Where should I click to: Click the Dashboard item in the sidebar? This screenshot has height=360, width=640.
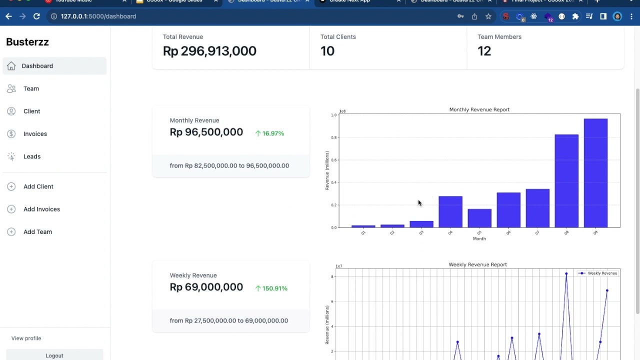pos(37,66)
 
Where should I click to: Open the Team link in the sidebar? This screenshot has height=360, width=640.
pos(31,88)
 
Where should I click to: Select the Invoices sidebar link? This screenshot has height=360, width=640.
pos(35,134)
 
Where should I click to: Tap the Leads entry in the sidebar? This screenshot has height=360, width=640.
pos(32,156)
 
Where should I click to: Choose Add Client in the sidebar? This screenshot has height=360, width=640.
pos(38,186)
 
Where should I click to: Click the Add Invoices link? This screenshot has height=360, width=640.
pos(41,209)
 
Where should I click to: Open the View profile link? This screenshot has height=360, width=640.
pos(26,338)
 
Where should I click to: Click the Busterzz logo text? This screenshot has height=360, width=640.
pos(27,42)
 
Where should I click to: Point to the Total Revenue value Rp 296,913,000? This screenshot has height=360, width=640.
pos(209,51)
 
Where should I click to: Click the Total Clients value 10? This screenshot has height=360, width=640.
pos(327,51)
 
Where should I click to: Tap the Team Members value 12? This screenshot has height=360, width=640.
pos(484,51)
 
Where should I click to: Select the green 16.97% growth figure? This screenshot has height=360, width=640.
pos(273,133)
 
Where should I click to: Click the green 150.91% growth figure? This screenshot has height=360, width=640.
pos(274,288)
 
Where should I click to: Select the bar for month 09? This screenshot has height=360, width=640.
pos(595,173)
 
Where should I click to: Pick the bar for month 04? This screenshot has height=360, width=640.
pos(450,212)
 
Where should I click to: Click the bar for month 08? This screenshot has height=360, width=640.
pos(566,181)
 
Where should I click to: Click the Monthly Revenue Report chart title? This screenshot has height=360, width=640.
pos(479,109)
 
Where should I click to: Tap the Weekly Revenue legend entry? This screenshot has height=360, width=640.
pos(602,273)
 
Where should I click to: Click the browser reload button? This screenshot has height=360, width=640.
pos(36,16)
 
